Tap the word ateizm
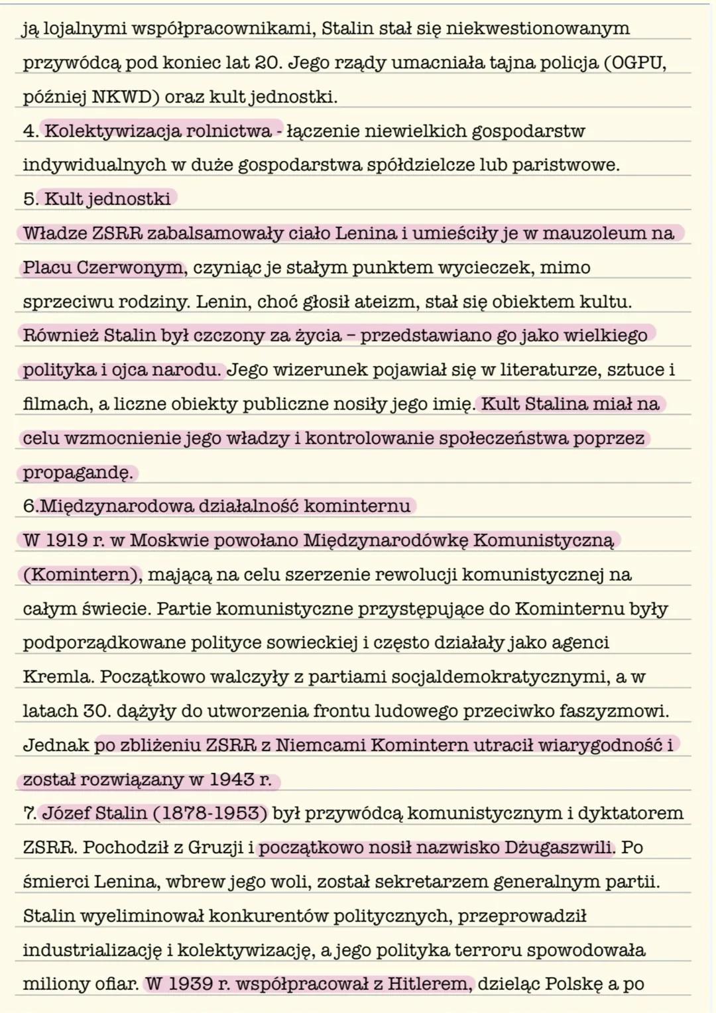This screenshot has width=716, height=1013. point(383,302)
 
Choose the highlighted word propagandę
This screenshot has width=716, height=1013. point(78,473)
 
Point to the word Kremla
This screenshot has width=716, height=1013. point(58,677)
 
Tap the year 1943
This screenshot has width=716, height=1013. point(231,780)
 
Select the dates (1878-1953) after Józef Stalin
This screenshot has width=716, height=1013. point(210,813)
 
